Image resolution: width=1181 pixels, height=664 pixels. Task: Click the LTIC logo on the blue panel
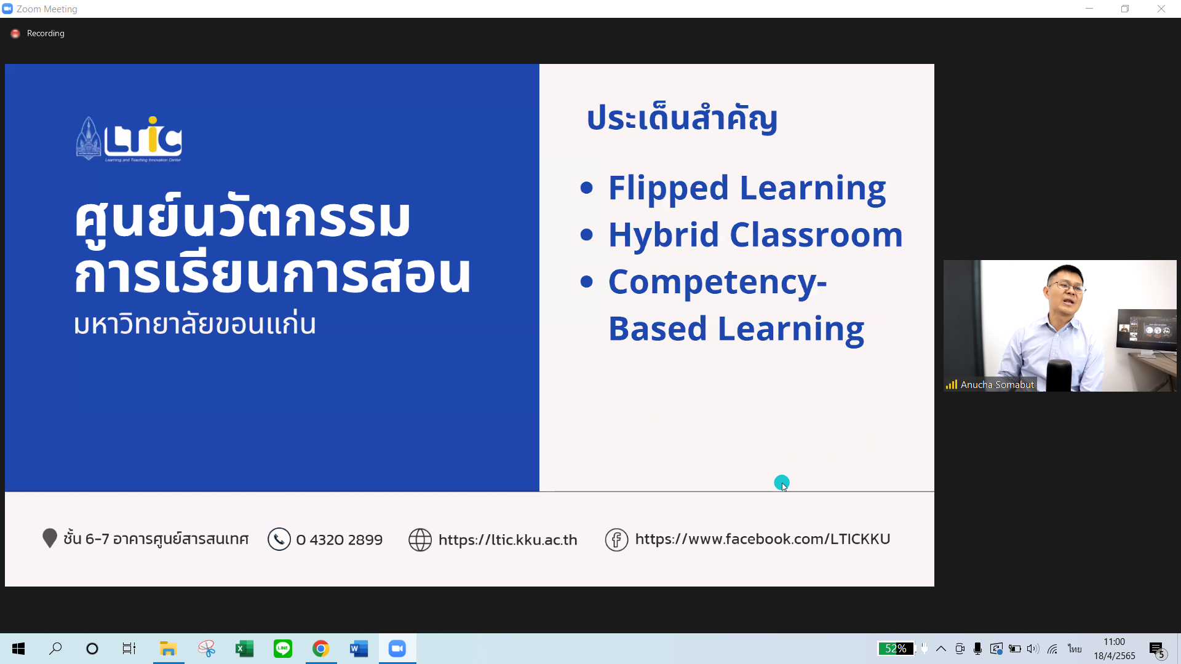pos(129,139)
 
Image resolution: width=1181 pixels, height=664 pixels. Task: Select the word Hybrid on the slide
pos(663,235)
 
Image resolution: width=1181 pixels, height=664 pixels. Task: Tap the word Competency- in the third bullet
pos(717,282)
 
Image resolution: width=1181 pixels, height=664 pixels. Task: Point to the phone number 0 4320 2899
pos(339,540)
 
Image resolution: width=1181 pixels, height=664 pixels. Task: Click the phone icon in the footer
pos(279,539)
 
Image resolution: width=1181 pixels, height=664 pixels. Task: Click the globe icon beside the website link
pos(420,540)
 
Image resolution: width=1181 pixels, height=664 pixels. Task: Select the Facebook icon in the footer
pos(616,540)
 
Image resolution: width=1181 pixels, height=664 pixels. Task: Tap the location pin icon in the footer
pos(50,538)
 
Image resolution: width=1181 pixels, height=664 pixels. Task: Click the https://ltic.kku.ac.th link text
pos(507,540)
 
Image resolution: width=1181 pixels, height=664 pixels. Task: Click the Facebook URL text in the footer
pos(763,539)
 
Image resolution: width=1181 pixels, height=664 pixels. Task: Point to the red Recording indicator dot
pos(15,34)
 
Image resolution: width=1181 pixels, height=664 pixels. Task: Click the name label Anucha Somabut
pos(997,385)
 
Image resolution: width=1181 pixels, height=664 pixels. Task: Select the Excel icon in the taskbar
pos(244,649)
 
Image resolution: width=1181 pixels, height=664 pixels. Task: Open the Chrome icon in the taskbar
pos(320,649)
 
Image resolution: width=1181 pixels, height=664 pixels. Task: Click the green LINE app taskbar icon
pos(282,649)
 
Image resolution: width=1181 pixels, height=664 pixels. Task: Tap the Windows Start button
pos(18,649)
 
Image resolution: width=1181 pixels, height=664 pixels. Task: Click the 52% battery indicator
pos(896,649)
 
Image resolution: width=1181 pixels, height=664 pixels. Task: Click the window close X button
pos(1161,9)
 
